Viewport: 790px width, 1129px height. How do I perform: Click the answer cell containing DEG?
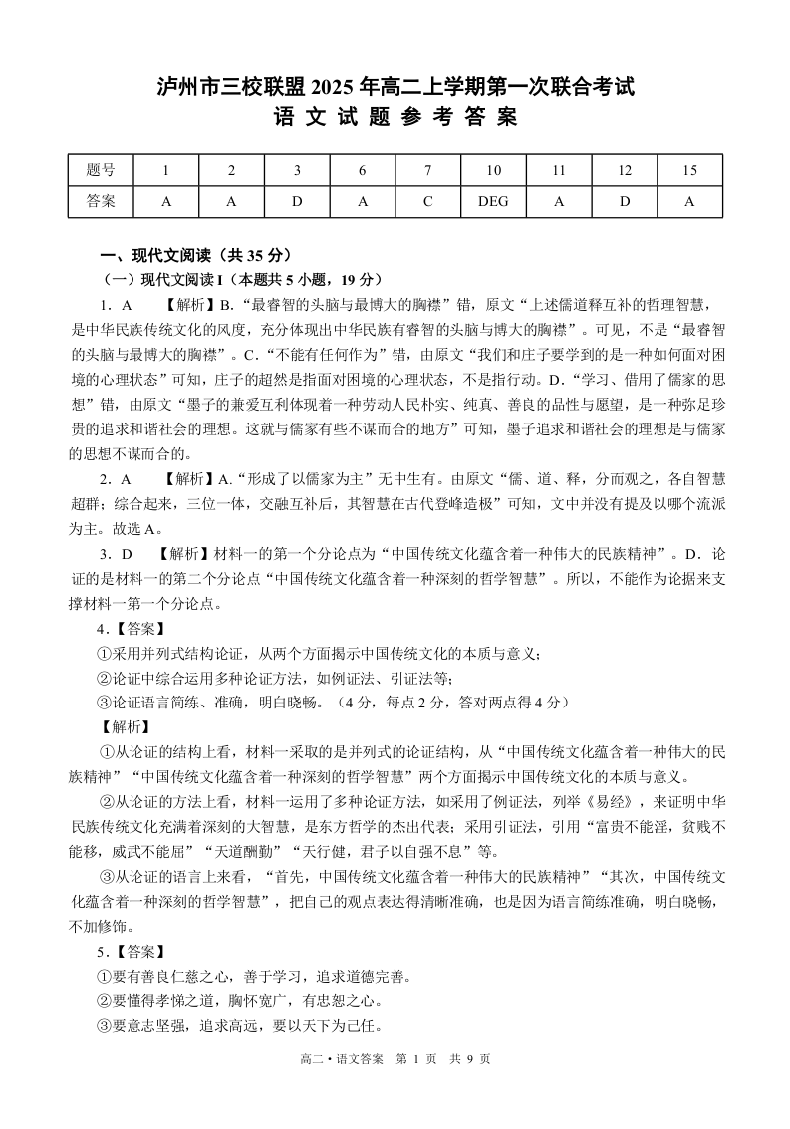click(493, 201)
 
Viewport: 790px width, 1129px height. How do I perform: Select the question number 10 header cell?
click(493, 170)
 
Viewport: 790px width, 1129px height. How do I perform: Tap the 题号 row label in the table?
click(101, 170)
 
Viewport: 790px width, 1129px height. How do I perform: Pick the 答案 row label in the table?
click(101, 201)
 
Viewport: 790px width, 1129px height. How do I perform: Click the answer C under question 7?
click(427, 201)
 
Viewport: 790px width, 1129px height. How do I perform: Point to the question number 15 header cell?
click(689, 170)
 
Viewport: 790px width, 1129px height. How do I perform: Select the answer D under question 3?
click(297, 201)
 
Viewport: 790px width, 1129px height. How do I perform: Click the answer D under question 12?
click(625, 201)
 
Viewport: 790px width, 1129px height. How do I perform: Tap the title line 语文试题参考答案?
click(395, 118)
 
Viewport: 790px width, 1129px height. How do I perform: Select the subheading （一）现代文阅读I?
click(160, 279)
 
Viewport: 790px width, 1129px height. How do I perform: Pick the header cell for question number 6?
click(363, 170)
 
